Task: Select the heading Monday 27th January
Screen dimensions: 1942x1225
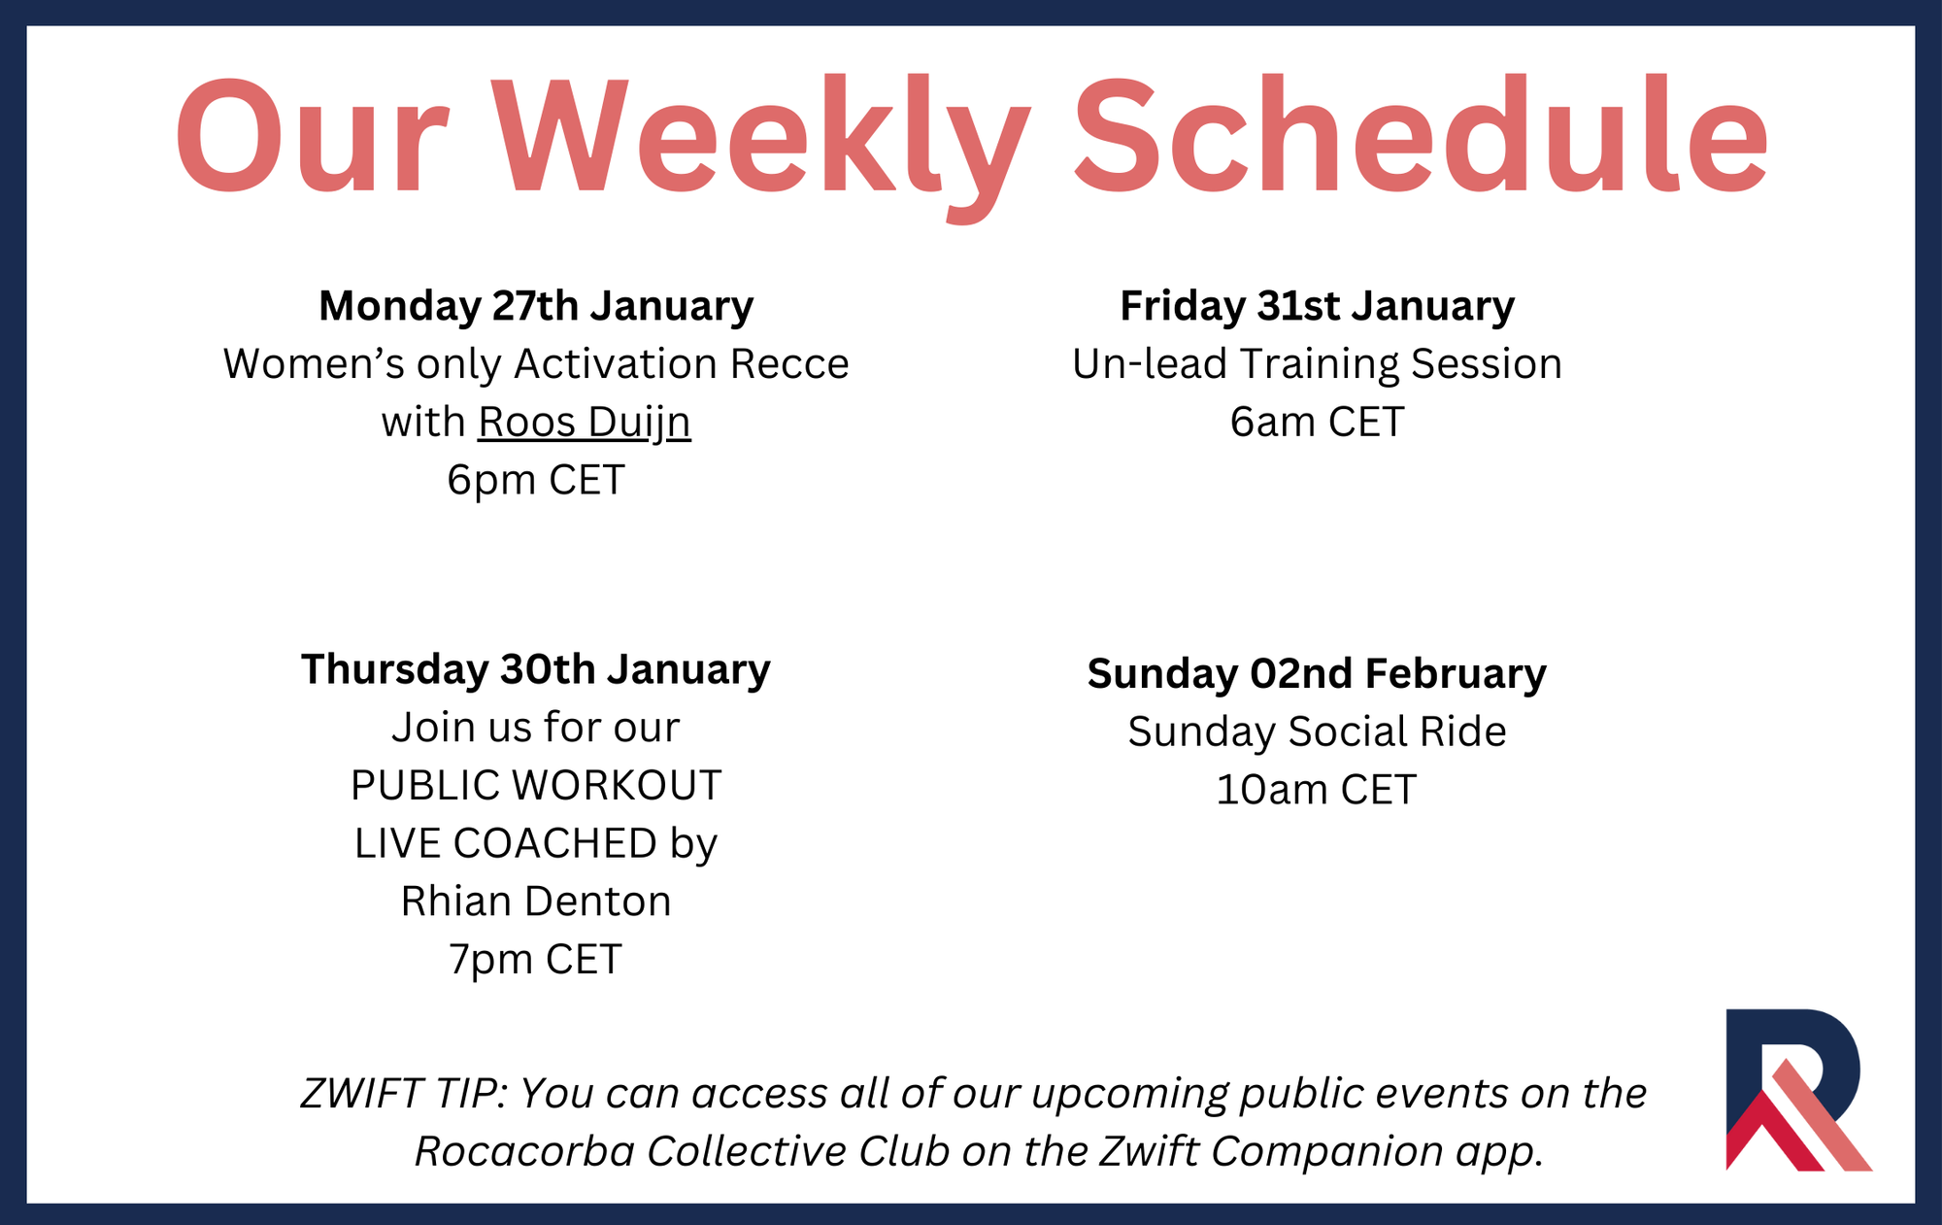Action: (536, 307)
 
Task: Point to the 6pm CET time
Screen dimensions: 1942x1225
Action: (536, 480)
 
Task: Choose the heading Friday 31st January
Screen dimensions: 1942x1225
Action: (1317, 307)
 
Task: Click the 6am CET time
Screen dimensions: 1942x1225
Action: (1317, 422)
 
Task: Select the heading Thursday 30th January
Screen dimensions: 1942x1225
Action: (536, 669)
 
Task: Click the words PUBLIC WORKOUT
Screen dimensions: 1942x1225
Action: (536, 785)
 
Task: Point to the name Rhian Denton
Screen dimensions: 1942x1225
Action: (536, 902)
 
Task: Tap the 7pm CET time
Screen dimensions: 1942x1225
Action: (536, 960)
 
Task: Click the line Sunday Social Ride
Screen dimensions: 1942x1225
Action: (1317, 732)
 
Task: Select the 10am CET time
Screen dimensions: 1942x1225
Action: (1317, 790)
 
